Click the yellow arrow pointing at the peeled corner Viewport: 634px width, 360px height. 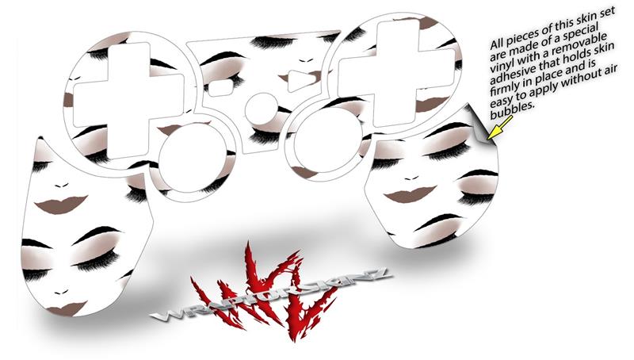[500, 127]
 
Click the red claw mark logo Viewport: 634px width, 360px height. [265, 290]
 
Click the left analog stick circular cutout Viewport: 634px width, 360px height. [193, 158]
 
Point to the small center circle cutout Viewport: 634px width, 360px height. [262, 109]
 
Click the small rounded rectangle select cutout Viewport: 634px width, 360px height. [220, 87]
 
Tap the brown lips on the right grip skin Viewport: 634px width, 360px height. [410, 193]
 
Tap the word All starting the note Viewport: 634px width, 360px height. [498, 43]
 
